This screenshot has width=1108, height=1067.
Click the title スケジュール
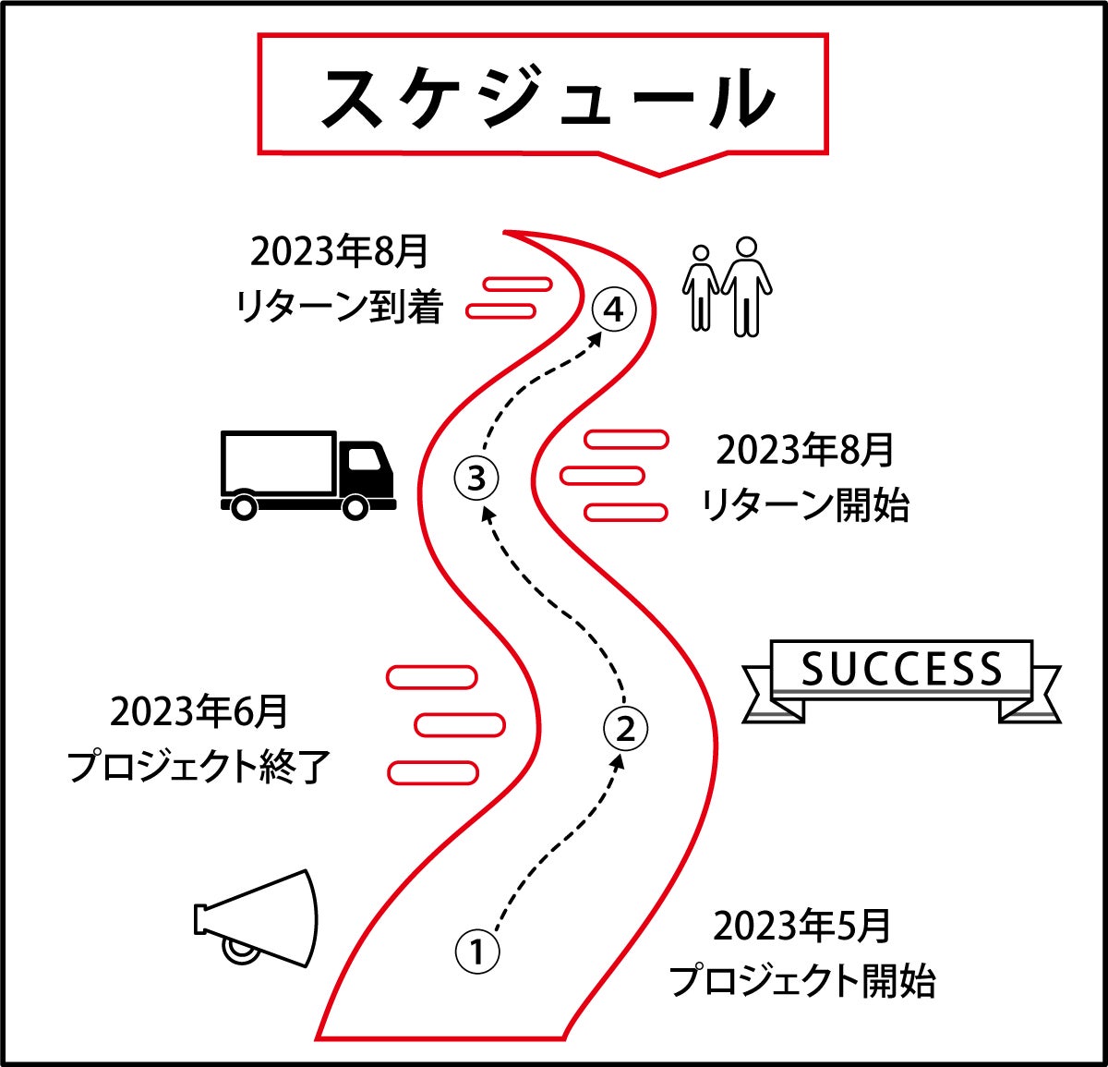[546, 96]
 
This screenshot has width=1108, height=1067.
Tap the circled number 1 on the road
[477, 951]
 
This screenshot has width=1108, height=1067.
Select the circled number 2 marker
[625, 729]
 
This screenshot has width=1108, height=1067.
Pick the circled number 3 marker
[476, 479]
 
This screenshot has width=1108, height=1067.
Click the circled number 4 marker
[614, 310]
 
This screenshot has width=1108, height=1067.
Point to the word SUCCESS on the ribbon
[900, 669]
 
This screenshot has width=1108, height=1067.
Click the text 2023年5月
[801, 926]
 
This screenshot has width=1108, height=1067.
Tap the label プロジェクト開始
[801, 980]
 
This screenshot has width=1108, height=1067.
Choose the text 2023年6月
[199, 712]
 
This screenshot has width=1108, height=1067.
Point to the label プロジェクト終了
[199, 767]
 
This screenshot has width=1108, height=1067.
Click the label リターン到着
[339, 307]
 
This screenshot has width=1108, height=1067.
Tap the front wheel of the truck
[355, 505]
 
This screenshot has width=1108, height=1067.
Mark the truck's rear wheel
[244, 505]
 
